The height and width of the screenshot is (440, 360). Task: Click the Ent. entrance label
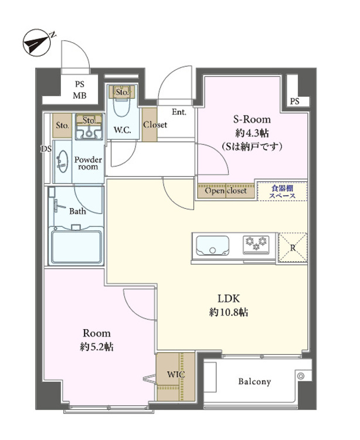(x=179, y=111)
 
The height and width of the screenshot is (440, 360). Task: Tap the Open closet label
(x=226, y=191)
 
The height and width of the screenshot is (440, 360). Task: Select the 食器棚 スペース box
(x=282, y=192)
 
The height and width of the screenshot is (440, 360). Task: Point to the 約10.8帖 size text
(x=229, y=312)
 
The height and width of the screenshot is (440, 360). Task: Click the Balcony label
(x=254, y=382)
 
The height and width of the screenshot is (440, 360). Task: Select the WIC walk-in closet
(x=174, y=374)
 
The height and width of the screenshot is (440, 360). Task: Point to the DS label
(x=45, y=148)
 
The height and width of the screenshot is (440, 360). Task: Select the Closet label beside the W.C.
(x=155, y=125)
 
